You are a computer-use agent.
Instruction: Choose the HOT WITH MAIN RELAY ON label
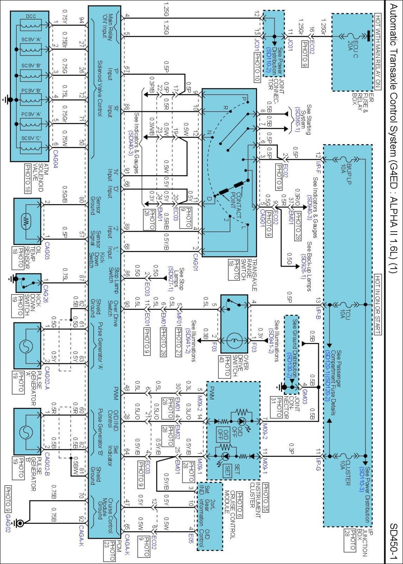point(378,52)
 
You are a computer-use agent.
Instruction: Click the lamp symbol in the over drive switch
point(234,340)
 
